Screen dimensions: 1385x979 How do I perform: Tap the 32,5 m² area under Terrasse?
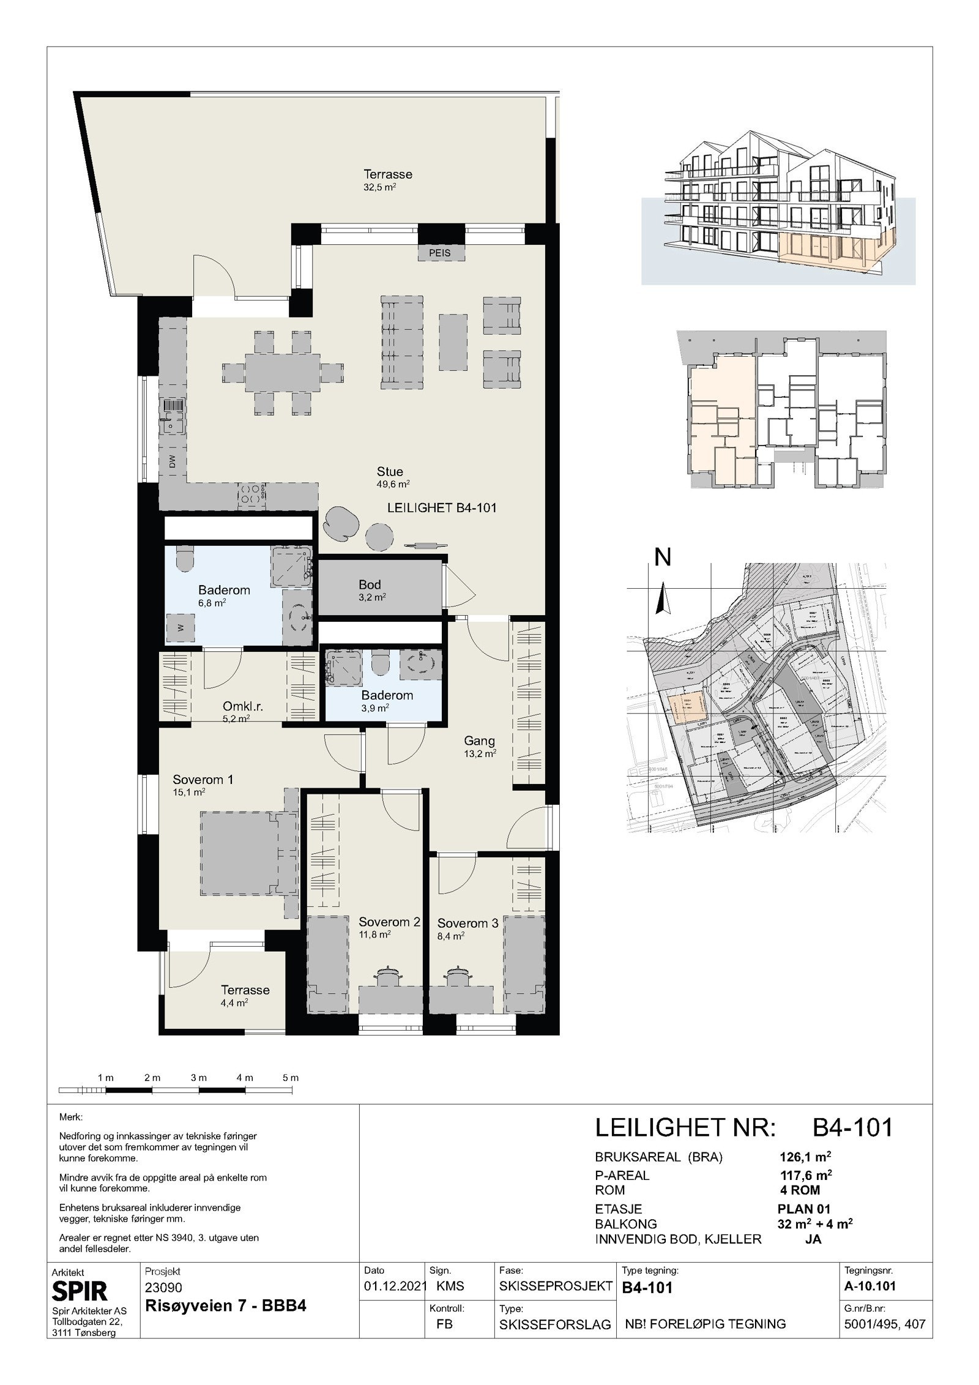click(379, 188)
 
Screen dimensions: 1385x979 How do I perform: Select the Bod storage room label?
click(370, 584)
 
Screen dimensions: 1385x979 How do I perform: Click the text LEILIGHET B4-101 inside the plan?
click(442, 507)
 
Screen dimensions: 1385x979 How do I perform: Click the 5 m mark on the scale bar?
click(291, 1077)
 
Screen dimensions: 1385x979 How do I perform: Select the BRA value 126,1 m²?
click(805, 1157)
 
